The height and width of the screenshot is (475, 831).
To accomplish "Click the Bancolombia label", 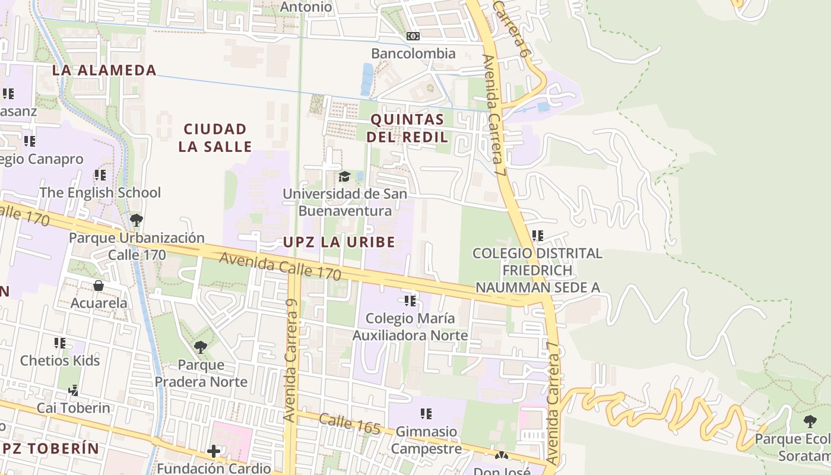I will [x=413, y=53].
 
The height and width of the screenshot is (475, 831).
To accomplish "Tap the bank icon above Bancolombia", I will [x=413, y=37].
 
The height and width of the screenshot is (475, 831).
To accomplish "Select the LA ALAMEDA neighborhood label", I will [x=104, y=70].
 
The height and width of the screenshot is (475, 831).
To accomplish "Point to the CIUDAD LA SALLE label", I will [x=215, y=138].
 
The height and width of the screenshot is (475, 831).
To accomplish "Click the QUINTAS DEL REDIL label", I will [x=407, y=128].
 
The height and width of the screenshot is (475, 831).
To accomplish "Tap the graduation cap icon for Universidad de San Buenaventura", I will [x=344, y=176].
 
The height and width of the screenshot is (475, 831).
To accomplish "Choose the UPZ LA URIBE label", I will [x=339, y=242].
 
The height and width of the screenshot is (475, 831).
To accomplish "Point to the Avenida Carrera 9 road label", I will [x=291, y=360].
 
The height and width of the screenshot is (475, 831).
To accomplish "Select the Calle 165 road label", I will [x=349, y=425].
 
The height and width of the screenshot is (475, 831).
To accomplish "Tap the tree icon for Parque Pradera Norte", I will [x=201, y=347].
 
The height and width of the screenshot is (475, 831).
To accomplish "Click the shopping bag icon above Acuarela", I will [x=99, y=286].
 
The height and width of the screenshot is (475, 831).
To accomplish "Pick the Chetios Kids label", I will [x=60, y=360].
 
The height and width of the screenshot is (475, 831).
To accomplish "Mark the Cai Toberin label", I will [x=74, y=408].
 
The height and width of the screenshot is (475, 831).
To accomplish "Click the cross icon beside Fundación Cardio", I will [x=214, y=452].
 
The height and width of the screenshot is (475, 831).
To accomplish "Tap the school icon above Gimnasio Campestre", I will [x=426, y=414].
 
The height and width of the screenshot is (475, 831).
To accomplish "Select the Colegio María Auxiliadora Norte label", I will [x=410, y=327].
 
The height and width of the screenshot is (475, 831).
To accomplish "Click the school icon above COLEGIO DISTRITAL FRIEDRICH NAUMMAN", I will [x=538, y=236].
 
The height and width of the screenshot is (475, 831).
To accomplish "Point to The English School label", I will [x=100, y=192].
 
